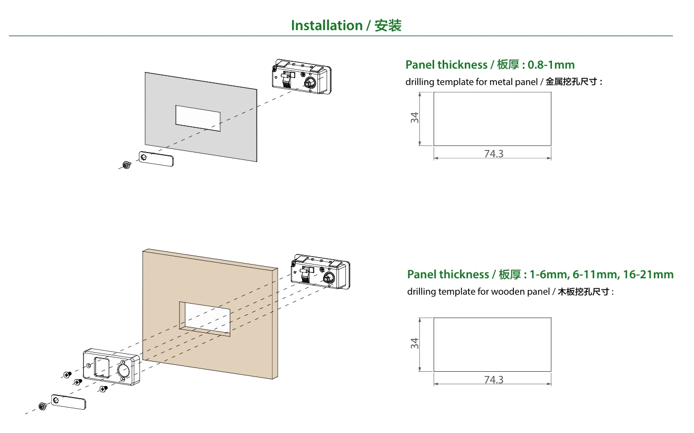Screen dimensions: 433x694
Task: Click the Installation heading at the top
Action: pyautogui.click(x=346, y=25)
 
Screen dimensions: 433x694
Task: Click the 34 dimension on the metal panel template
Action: pyautogui.click(x=415, y=118)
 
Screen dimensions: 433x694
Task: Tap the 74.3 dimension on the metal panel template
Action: pyautogui.click(x=493, y=154)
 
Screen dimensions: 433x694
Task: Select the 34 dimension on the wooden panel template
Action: pyautogui.click(x=415, y=343)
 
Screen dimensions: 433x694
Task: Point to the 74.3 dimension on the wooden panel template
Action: pyautogui.click(x=493, y=380)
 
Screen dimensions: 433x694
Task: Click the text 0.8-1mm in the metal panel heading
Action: pyautogui.click(x=551, y=65)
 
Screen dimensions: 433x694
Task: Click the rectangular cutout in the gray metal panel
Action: pyautogui.click(x=198, y=118)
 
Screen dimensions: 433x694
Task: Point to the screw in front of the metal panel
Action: pyautogui.click(x=126, y=165)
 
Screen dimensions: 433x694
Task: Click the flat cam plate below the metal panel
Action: pyautogui.click(x=156, y=159)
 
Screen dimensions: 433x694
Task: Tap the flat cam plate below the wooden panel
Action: pyautogui.click(x=68, y=402)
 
